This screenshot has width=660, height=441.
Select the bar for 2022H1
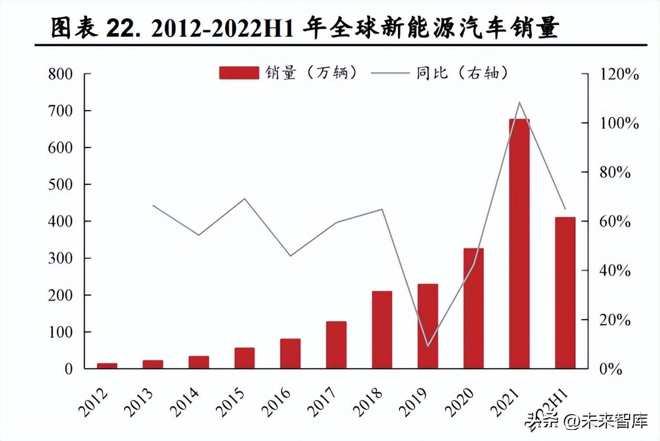[565, 293]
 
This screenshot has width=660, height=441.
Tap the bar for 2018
[382, 329]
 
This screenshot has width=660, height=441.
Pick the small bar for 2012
[107, 365]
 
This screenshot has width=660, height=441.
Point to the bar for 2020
[473, 308]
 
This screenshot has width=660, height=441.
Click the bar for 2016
[290, 353]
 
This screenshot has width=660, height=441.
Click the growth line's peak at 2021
[519, 102]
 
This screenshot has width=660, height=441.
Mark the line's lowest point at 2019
[427, 346]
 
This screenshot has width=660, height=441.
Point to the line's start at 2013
[153, 205]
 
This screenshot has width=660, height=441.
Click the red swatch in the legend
[239, 73]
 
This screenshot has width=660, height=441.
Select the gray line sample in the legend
[390, 73]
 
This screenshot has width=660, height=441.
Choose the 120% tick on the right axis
[619, 74]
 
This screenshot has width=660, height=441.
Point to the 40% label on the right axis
[615, 270]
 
